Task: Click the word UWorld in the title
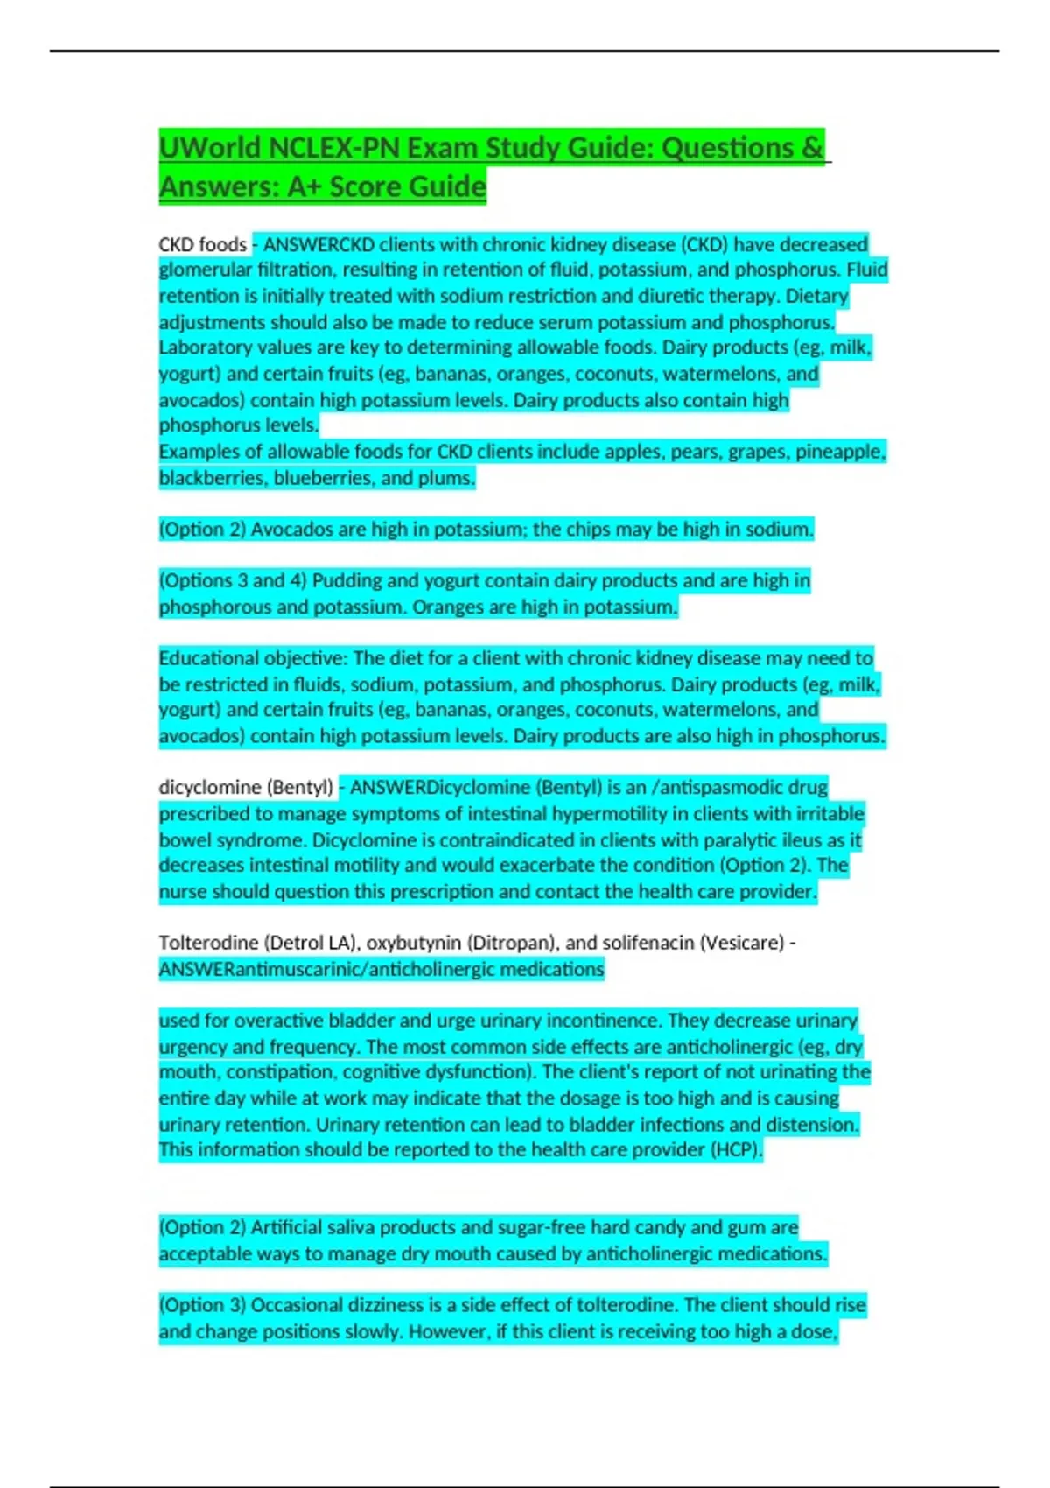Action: (210, 148)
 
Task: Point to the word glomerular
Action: (203, 270)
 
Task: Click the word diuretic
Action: (690, 296)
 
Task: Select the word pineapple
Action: (838, 452)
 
